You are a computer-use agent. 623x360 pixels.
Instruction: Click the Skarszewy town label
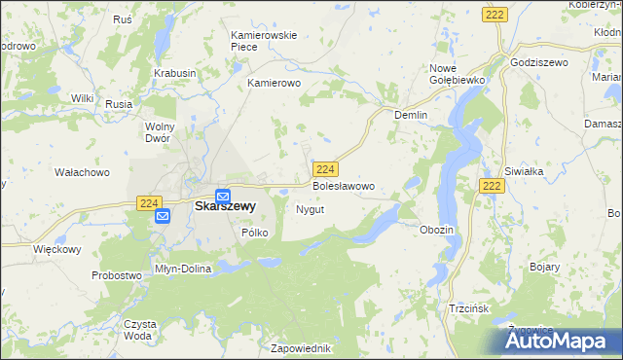[225, 206]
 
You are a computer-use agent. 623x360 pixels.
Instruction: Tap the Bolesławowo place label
[343, 185]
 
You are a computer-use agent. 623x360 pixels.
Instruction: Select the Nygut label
[310, 209]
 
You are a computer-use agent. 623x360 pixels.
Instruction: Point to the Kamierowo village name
[275, 84]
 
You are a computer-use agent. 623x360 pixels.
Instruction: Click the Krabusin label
[174, 73]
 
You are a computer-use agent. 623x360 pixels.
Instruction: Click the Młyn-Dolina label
[183, 269]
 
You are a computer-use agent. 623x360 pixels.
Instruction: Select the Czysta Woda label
[138, 329]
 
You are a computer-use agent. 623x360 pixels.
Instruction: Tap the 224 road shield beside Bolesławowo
[326, 168]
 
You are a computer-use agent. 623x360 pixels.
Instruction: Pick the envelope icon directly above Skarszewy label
[223, 194]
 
